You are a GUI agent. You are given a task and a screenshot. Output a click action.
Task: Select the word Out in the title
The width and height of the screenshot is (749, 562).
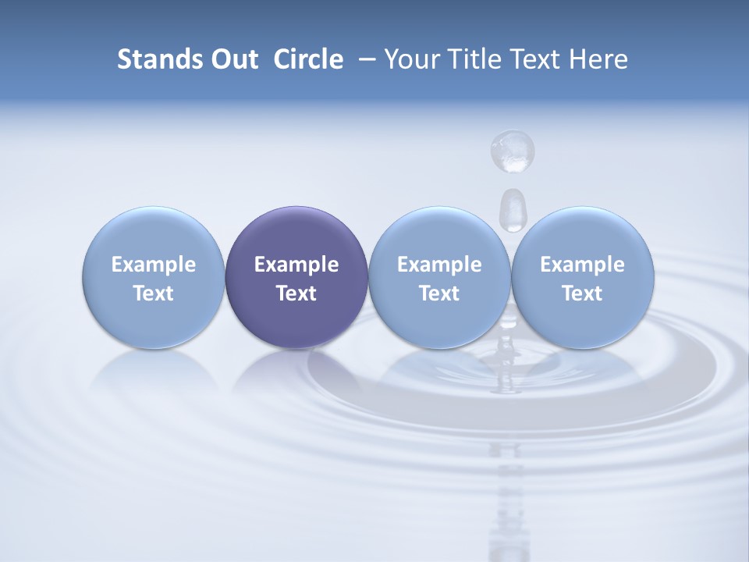tap(233, 59)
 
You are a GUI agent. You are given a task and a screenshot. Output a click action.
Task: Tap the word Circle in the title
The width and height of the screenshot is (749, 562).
tap(308, 59)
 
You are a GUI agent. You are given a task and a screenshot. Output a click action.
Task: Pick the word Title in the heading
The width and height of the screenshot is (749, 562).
tap(470, 59)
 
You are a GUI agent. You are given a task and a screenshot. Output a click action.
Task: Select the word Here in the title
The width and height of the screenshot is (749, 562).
tap(598, 59)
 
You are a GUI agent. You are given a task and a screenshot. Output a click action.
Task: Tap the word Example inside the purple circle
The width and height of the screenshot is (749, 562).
tap(296, 265)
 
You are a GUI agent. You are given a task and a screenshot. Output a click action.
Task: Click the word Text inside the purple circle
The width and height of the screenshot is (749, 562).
tap(296, 293)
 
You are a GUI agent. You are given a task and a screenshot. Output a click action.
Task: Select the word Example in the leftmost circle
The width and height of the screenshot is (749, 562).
tap(154, 265)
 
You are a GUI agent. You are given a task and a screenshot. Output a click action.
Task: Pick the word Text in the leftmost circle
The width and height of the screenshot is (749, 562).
tap(154, 293)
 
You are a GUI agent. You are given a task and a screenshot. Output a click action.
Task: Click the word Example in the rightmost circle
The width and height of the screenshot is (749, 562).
tap(582, 265)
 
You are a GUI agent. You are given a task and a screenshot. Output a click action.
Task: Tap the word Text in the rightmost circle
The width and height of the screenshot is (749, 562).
tap(582, 293)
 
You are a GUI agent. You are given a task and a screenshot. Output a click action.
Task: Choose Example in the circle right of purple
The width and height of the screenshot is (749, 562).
tap(439, 265)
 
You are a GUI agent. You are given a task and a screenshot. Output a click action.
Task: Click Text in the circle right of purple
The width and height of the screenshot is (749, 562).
tap(439, 293)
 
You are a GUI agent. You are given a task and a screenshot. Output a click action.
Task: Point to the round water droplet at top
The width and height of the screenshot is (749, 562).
tap(513, 150)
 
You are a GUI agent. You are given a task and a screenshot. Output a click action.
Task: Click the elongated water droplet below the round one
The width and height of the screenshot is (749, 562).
tap(512, 209)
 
